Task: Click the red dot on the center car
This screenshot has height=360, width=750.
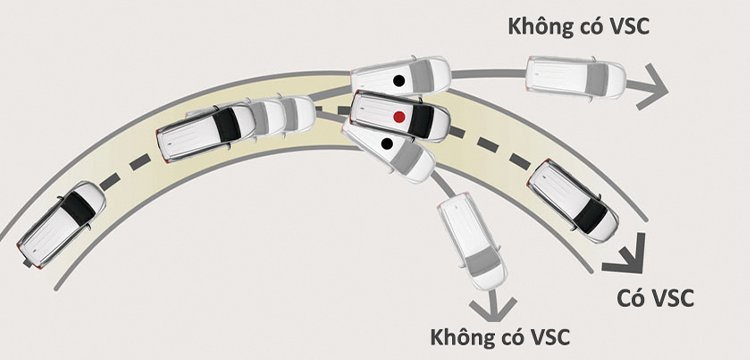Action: coord(399,117)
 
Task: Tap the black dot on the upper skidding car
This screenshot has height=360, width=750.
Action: coord(399,79)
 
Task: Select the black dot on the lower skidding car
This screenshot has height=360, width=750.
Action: coord(387,146)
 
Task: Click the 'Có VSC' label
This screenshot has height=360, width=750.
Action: coord(651,297)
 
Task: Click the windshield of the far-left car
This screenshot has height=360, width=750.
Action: coord(77,210)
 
